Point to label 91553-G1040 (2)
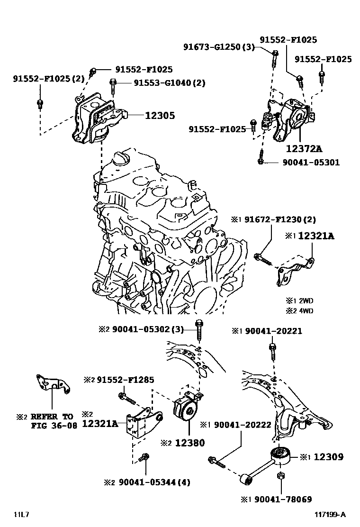(169, 83)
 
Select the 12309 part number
(328, 457)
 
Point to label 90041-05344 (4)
(154, 482)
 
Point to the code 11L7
(21, 515)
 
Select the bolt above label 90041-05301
(261, 157)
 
